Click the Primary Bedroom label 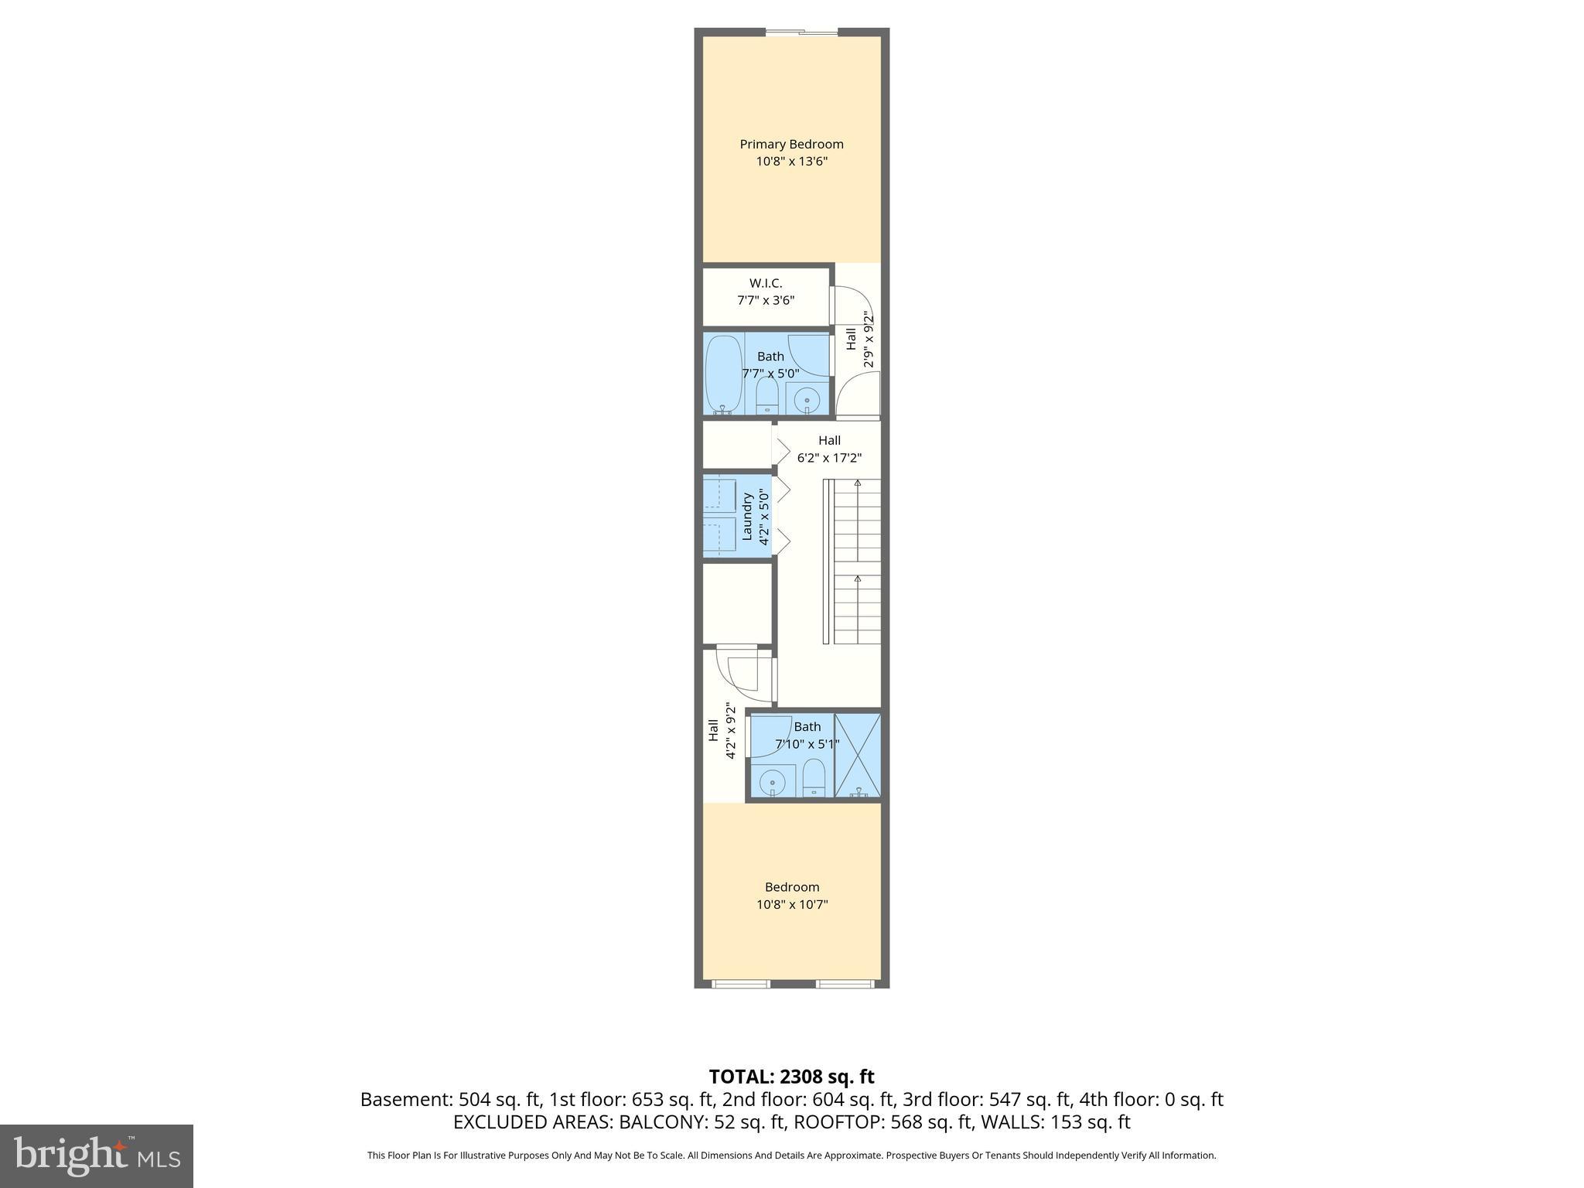pos(791,144)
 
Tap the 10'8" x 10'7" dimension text pos(792,904)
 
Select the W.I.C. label pos(765,283)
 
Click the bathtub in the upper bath pos(723,374)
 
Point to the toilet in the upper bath pos(766,394)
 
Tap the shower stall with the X pos(858,755)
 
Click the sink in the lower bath pos(772,782)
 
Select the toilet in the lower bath pos(814,777)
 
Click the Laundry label pos(747,516)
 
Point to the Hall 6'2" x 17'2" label pos(829,449)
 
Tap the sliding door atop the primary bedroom pos(801,32)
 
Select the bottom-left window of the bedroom pos(740,984)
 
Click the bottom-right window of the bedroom pos(845,984)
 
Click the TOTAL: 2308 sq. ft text pos(791,1077)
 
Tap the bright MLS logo pos(96,1156)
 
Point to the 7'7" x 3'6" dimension pos(765,300)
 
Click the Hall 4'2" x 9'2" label pos(721,731)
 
